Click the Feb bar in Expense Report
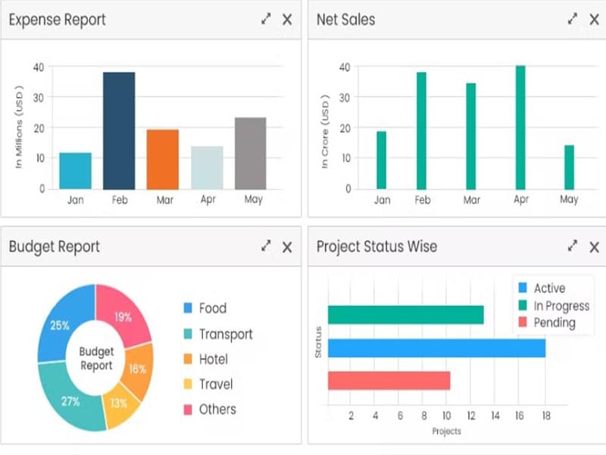(x=119, y=130)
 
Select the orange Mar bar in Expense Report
(x=162, y=159)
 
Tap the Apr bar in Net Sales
(x=520, y=127)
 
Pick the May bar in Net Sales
(x=570, y=167)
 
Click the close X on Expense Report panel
(x=287, y=20)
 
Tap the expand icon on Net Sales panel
(x=573, y=20)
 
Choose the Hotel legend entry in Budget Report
(x=213, y=359)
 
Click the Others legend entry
(x=217, y=409)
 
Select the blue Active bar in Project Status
(x=436, y=348)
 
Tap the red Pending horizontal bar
(x=389, y=381)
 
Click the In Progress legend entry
(x=561, y=306)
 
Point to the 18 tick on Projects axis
(x=545, y=416)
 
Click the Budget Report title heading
(x=55, y=246)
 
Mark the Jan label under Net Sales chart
(x=382, y=200)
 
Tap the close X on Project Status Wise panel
(x=594, y=246)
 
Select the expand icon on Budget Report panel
(x=266, y=246)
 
